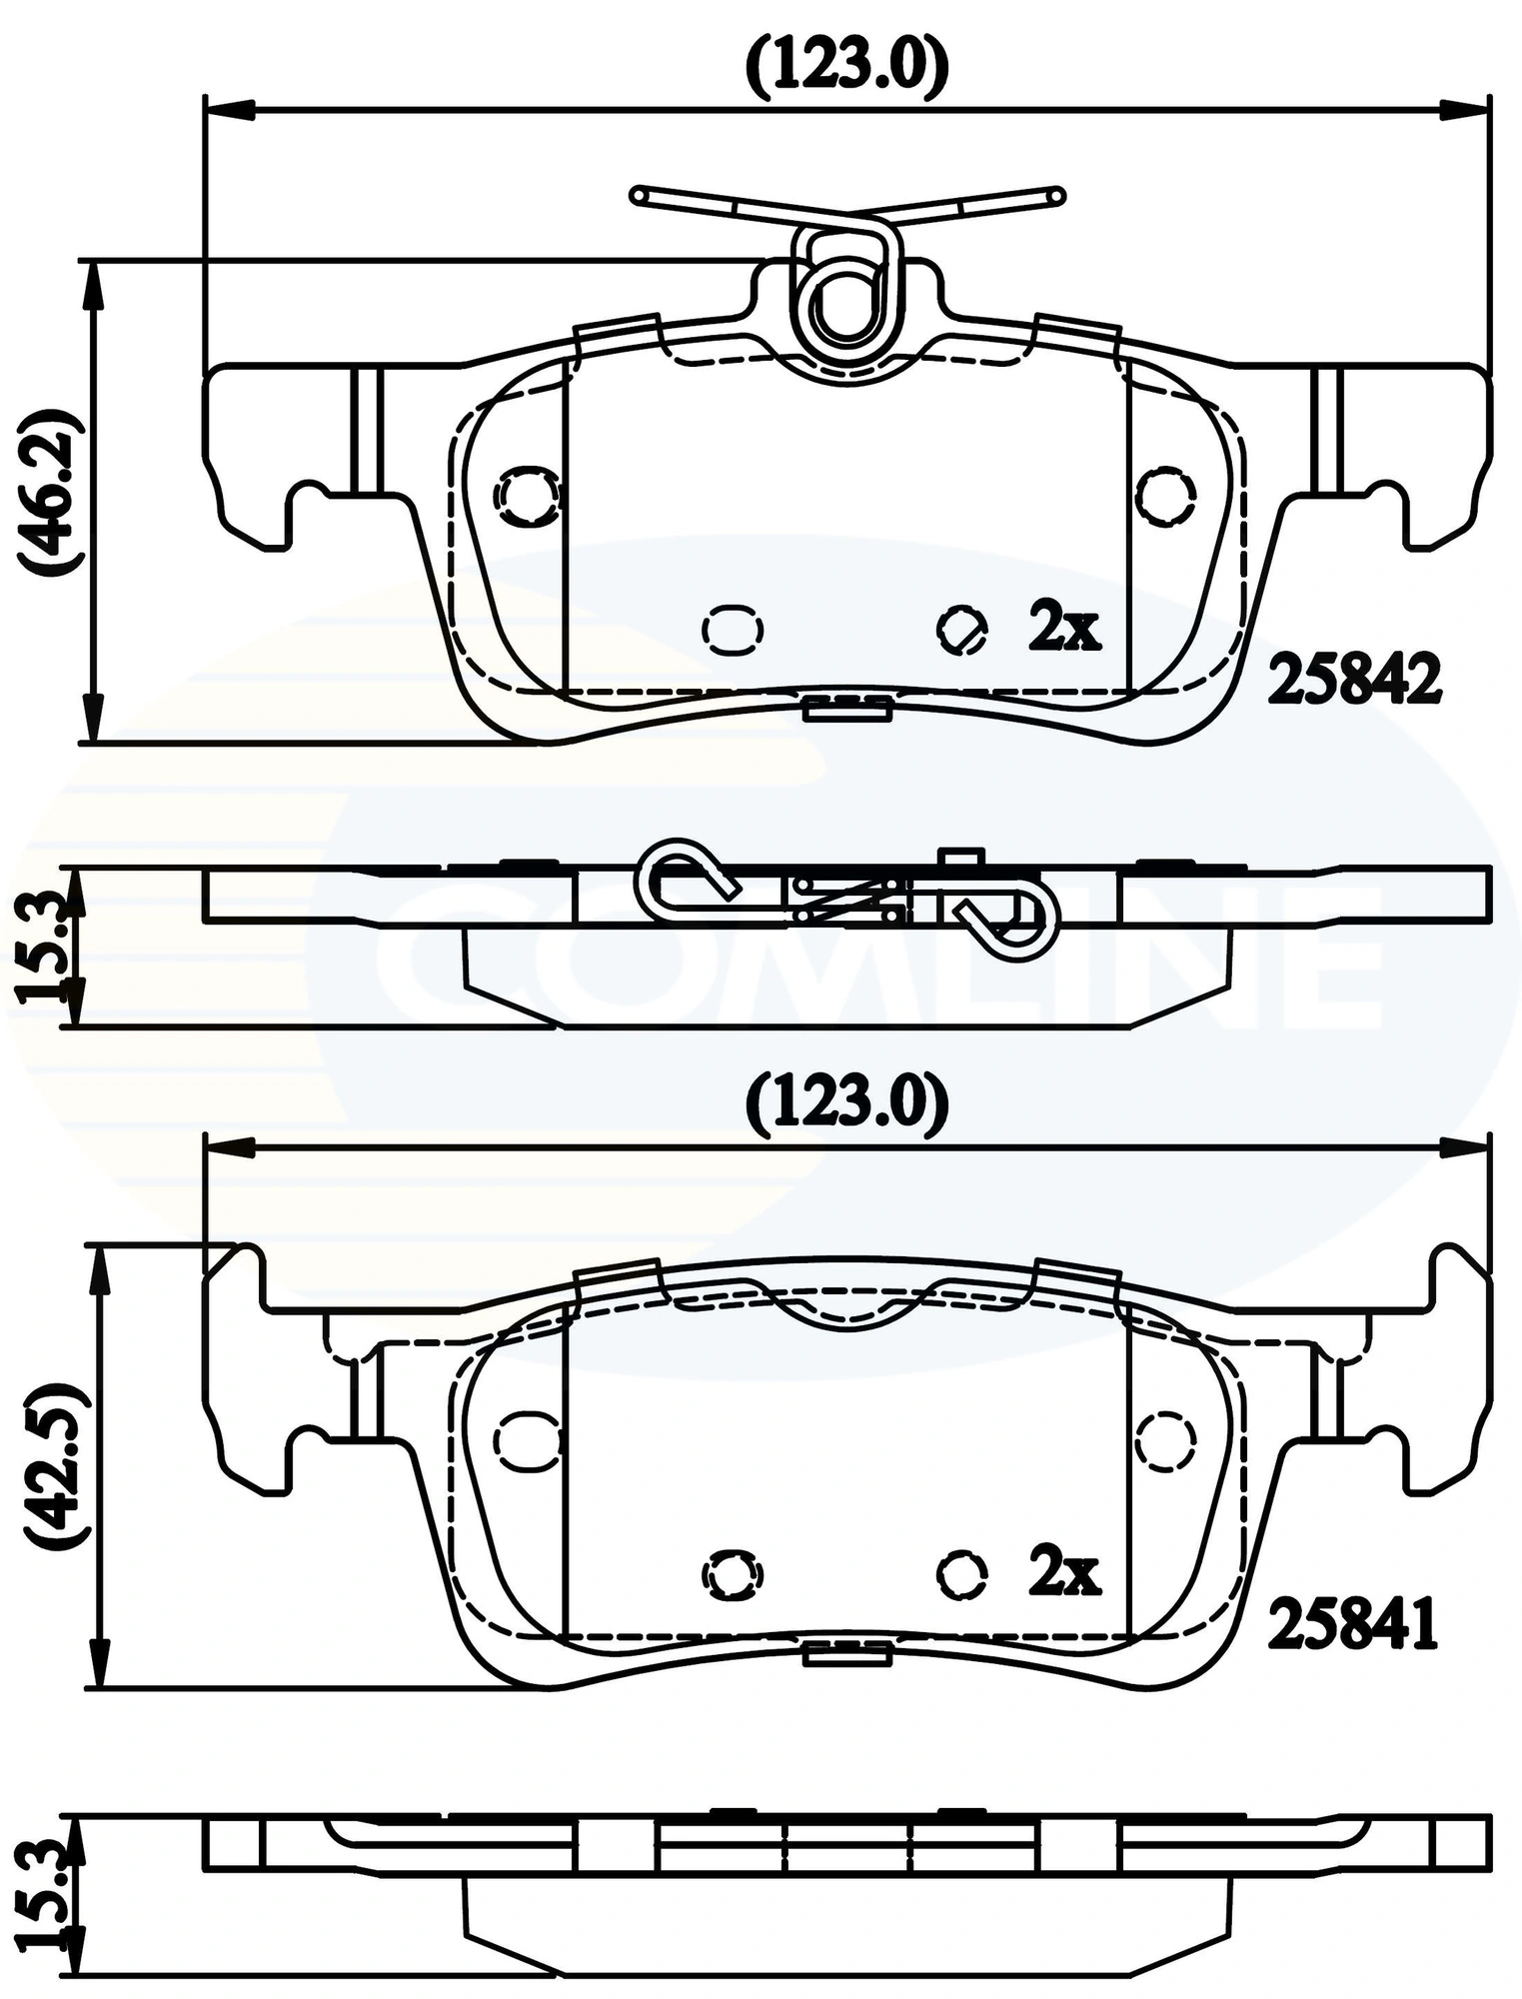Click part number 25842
(x=1354, y=680)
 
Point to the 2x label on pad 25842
(x=1063, y=628)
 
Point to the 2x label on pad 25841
(x=1063, y=1572)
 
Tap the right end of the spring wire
(x=1057, y=196)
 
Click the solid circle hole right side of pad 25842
(x=1166, y=496)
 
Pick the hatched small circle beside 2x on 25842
(x=962, y=630)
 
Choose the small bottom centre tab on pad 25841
(x=846, y=1656)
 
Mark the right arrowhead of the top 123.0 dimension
(x=1464, y=110)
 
